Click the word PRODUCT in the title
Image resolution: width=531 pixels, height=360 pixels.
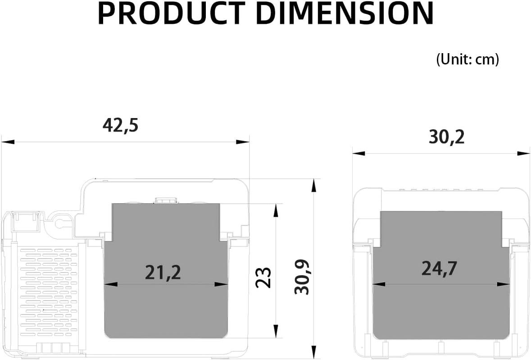point(172,13)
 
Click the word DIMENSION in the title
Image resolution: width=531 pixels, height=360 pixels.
point(347,13)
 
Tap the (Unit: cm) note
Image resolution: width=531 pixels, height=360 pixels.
point(467,59)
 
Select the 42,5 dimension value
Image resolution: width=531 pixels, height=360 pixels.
point(121,126)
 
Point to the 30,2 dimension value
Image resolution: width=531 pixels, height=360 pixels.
point(447,137)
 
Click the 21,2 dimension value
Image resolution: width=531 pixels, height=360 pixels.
point(163,273)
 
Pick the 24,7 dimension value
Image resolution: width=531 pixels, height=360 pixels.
point(439,268)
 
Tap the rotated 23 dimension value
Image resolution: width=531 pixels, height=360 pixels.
point(263,278)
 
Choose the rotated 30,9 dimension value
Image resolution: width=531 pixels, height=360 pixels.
point(302,277)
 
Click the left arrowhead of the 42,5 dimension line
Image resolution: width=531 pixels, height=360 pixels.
point(8,141)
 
